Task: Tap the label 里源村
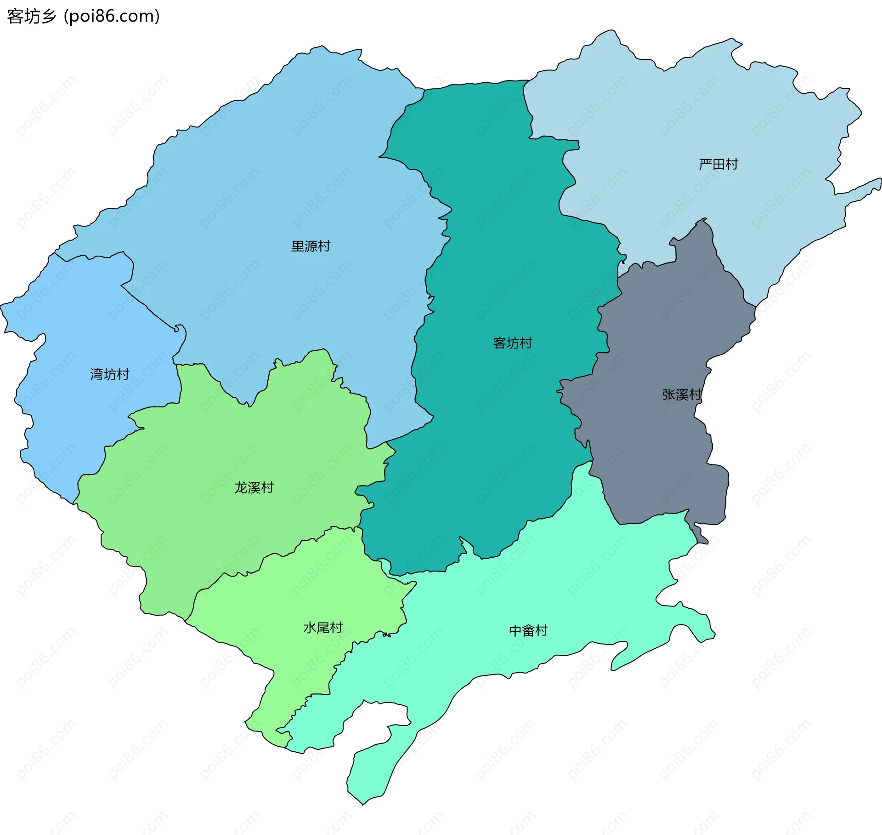tap(311, 246)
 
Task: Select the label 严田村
tap(718, 164)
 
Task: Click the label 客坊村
tap(512, 343)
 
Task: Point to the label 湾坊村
tap(109, 374)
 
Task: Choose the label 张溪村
tap(682, 395)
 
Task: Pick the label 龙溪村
tap(254, 487)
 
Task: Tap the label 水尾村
tap(323, 628)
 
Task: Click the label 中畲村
tap(528, 630)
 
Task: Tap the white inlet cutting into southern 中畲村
tap(381, 722)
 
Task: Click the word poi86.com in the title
tap(112, 16)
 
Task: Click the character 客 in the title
tap(15, 16)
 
